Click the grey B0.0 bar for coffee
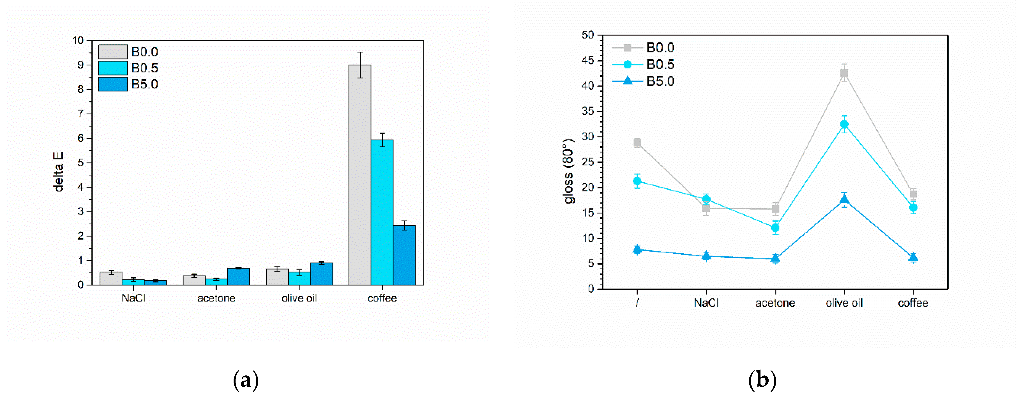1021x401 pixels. (x=359, y=175)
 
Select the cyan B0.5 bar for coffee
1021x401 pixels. (x=382, y=212)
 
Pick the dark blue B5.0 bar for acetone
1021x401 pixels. (x=238, y=277)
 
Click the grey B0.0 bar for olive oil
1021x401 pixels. (x=277, y=277)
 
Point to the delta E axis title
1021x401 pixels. (x=58, y=172)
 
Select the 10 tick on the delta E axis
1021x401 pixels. (x=78, y=40)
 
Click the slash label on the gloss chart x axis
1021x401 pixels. (x=637, y=303)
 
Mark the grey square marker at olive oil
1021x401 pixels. (x=844, y=73)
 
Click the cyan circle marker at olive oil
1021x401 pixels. (x=844, y=124)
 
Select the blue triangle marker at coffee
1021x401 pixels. (x=913, y=257)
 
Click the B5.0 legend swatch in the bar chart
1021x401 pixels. (x=112, y=84)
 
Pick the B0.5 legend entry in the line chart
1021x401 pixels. (x=660, y=64)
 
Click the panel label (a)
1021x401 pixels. (x=246, y=380)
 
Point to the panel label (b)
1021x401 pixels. (x=762, y=380)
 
